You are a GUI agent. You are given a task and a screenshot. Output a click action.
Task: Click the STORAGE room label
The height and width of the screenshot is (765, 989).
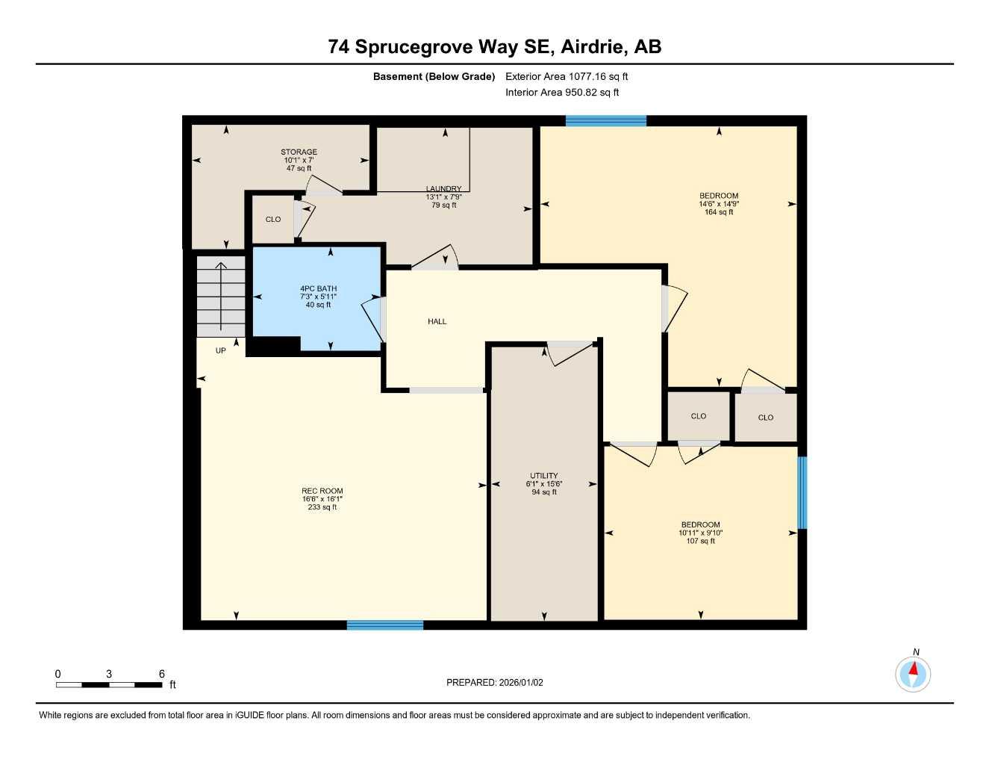[299, 152]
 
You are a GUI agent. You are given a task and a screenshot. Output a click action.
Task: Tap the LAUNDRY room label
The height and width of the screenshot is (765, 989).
[443, 189]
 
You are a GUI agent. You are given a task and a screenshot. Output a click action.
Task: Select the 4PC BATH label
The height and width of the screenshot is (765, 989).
[318, 288]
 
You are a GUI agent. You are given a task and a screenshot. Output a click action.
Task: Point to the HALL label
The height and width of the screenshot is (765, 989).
[437, 322]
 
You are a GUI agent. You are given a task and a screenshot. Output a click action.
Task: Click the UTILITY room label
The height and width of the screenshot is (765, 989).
[543, 476]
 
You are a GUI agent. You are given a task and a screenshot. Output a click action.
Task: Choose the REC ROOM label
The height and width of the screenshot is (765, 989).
[322, 491]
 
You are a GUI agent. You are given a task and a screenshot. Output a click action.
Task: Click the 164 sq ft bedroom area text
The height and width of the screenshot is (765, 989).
[719, 212]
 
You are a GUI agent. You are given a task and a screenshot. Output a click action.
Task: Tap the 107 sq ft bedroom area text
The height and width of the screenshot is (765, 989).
[700, 541]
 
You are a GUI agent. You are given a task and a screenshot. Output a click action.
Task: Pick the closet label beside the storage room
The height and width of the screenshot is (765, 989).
[273, 220]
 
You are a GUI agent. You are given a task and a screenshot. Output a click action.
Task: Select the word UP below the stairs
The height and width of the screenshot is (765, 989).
[220, 351]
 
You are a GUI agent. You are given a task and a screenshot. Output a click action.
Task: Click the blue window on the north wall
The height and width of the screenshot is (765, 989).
[605, 121]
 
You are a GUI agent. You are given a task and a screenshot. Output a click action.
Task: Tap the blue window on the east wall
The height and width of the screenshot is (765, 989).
[802, 492]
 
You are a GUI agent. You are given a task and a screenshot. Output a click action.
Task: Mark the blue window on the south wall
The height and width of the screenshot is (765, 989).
[385, 625]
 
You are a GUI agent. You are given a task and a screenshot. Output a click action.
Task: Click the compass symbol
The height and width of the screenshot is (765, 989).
[913, 674]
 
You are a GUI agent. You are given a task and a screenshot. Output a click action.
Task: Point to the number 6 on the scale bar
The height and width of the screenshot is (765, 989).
[161, 674]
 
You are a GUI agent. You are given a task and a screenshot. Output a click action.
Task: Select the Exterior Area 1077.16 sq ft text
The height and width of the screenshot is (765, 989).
[567, 76]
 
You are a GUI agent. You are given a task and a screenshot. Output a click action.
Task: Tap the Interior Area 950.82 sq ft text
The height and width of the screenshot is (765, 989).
[562, 93]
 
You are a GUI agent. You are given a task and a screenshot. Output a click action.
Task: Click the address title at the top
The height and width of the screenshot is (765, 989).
[494, 47]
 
